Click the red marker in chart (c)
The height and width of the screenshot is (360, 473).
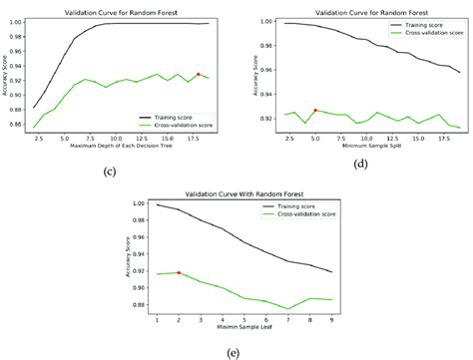tap(199, 74)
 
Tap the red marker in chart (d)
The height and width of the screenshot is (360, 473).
tap(315, 110)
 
